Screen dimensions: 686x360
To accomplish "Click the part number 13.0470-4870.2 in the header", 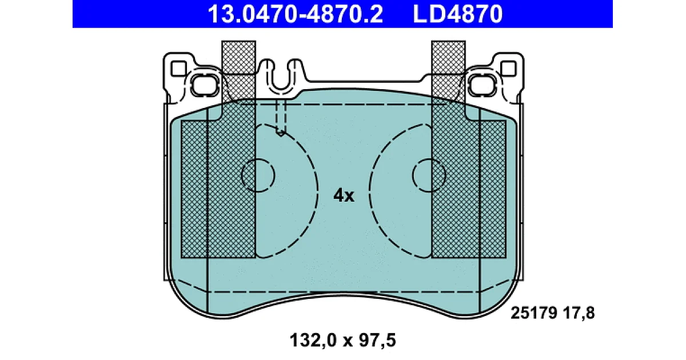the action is click(x=295, y=14).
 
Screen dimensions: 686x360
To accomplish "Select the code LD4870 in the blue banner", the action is click(x=458, y=14).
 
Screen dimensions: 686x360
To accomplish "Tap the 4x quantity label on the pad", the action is click(x=344, y=195).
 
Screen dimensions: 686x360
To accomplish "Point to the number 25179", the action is click(x=533, y=313).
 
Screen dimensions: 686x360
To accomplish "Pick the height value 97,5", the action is click(x=378, y=341).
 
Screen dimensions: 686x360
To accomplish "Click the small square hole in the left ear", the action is click(x=178, y=69).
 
